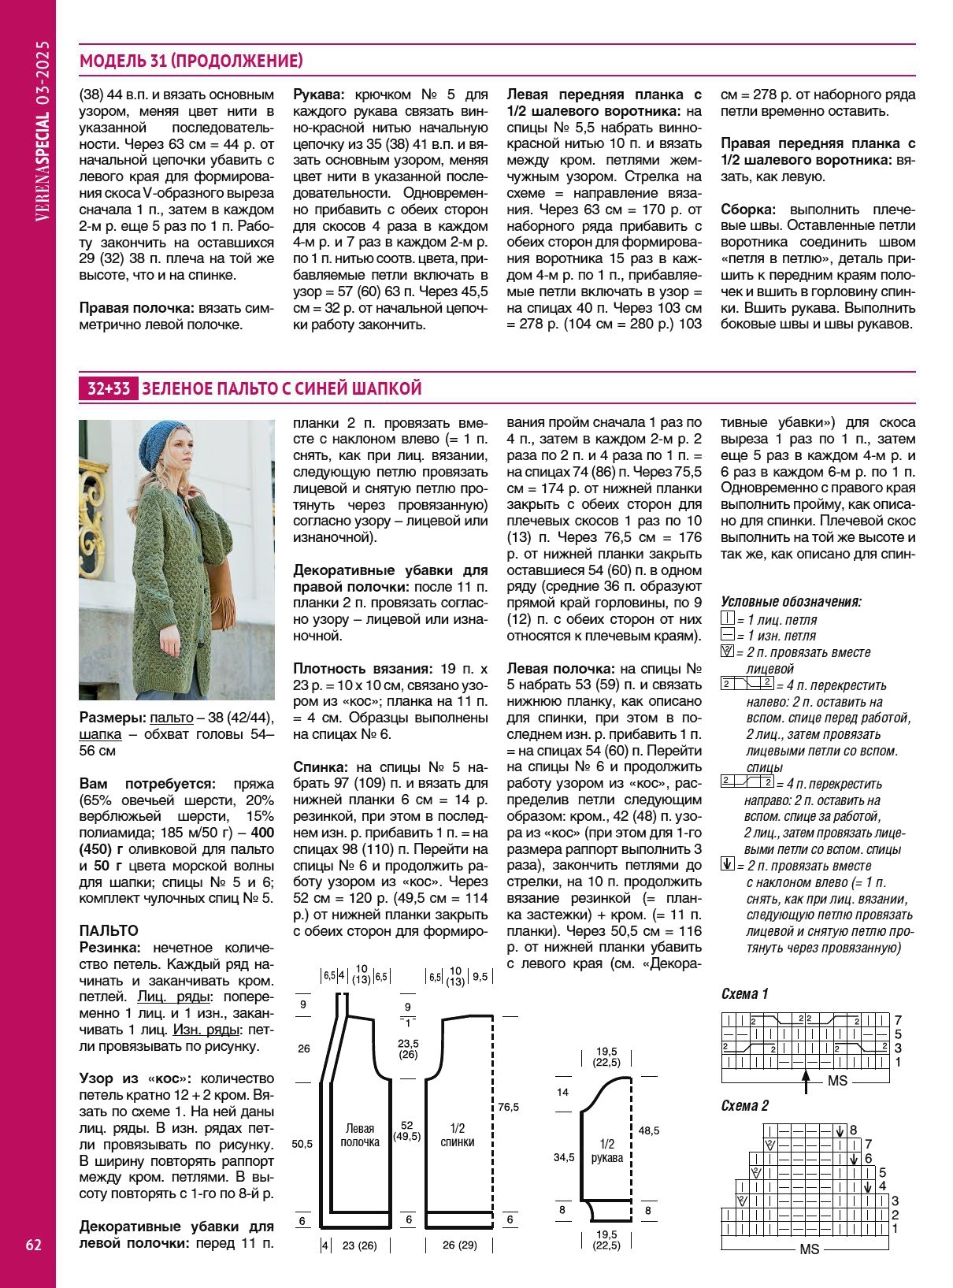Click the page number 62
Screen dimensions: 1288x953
(x=34, y=1245)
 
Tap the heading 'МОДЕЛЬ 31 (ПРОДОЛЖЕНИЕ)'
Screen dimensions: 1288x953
(x=191, y=61)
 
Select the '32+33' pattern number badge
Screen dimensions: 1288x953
(x=109, y=388)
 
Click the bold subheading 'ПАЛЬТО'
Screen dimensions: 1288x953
(x=109, y=930)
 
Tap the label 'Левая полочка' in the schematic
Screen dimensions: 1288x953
(x=359, y=1135)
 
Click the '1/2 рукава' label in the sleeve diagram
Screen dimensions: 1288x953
(x=606, y=1150)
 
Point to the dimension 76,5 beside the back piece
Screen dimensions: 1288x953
(x=508, y=1107)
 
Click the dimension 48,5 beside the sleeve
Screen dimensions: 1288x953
(x=649, y=1130)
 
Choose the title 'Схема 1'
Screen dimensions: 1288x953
(x=744, y=993)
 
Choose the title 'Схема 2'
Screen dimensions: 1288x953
(x=744, y=1105)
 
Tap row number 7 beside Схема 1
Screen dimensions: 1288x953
(x=898, y=1019)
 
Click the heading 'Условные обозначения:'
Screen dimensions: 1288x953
(x=791, y=602)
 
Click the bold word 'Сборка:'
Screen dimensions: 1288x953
(x=748, y=210)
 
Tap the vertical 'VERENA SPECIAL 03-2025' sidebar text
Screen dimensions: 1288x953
(x=43, y=130)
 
